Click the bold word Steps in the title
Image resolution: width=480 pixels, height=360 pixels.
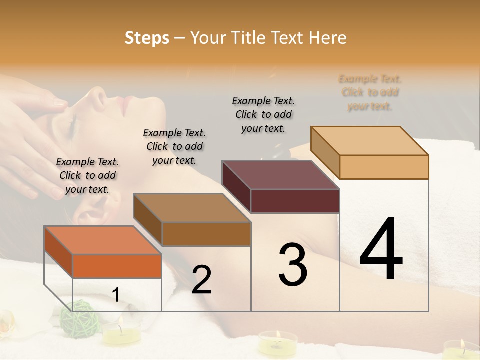coord(147,38)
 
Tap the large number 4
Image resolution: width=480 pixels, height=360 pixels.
coord(381,250)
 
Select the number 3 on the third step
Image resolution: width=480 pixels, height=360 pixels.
coord(293,265)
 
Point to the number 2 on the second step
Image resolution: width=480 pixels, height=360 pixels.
coord(201,280)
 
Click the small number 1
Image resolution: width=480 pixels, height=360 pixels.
coord(116,295)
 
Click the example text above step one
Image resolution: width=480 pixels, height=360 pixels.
coord(87,175)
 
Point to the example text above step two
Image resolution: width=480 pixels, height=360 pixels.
coord(174,146)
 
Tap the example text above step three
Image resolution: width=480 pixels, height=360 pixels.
coord(263,114)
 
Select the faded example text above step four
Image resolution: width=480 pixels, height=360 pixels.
coord(370,92)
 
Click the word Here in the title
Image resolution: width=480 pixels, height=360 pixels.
coord(327,38)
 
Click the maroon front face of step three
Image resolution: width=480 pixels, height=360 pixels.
coord(295,201)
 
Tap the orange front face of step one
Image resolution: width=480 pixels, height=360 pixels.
coord(117,266)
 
